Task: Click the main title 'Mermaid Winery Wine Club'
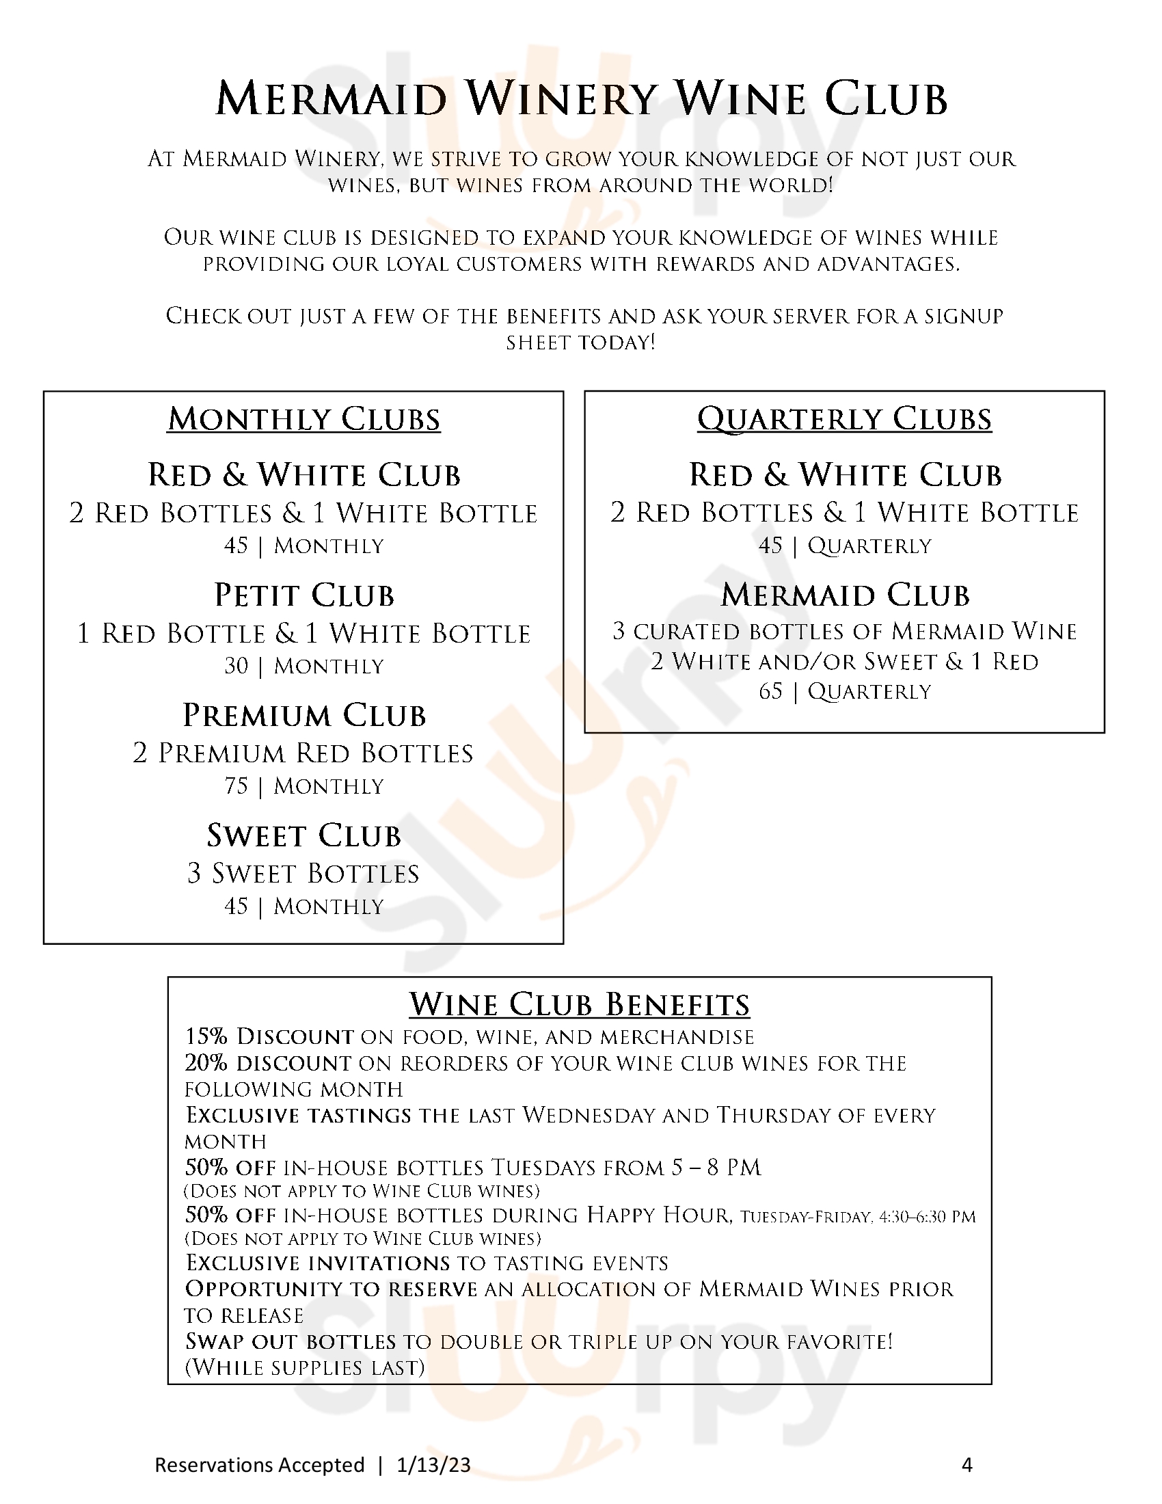click(582, 99)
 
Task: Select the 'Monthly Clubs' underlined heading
click(303, 419)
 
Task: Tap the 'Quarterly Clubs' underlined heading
click(845, 419)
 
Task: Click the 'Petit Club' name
click(303, 595)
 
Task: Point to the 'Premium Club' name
click(303, 716)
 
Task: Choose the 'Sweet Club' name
click(303, 836)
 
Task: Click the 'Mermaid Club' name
click(845, 595)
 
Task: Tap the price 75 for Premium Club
click(235, 785)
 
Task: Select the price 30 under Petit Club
click(235, 666)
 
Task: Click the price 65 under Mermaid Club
click(770, 690)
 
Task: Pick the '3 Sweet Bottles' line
click(303, 874)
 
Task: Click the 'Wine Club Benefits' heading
click(580, 1005)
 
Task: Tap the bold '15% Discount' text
click(269, 1037)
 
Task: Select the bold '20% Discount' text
click(268, 1063)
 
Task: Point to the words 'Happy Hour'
click(658, 1215)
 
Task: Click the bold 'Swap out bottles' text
click(290, 1341)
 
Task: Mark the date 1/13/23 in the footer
click(433, 1465)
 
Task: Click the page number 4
click(967, 1465)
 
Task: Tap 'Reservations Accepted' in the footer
click(260, 1465)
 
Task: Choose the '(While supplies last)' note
click(304, 1368)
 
